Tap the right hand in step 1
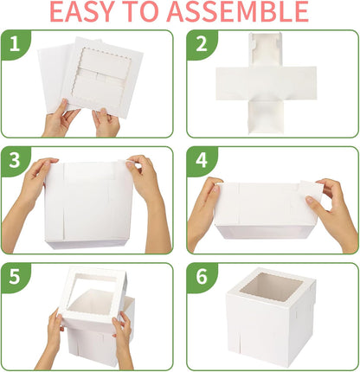(x=106, y=121)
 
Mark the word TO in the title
(x=159, y=12)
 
